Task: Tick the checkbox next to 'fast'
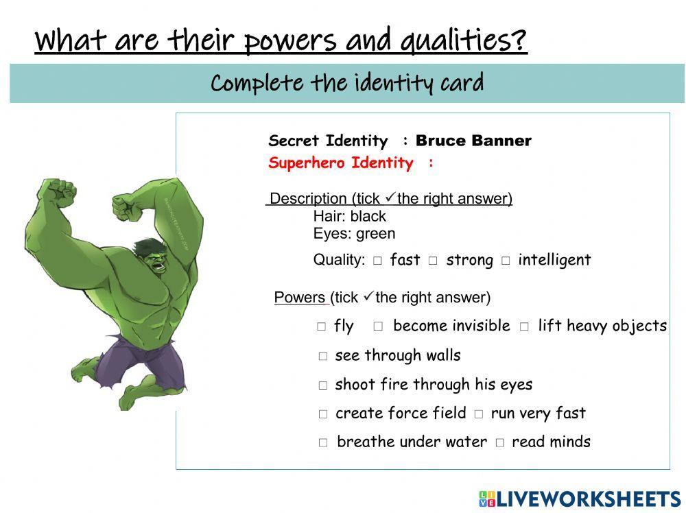click(x=377, y=261)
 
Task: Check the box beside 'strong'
click(x=433, y=261)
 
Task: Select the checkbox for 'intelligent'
click(x=506, y=261)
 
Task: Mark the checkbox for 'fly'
click(x=322, y=327)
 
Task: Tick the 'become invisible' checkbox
click(x=378, y=327)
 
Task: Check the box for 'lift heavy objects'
click(x=524, y=327)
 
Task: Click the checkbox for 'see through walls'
click(x=323, y=357)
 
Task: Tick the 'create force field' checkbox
click(x=323, y=414)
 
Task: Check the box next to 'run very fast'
click(x=478, y=414)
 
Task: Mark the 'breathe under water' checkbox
click(x=323, y=443)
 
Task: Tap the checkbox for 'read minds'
click(x=499, y=443)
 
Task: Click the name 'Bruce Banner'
click(x=473, y=141)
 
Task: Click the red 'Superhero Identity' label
click(x=341, y=163)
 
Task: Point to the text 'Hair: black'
click(x=350, y=216)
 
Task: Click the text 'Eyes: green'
click(x=354, y=233)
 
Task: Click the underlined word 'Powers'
click(x=300, y=298)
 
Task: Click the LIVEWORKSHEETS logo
click(x=580, y=499)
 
